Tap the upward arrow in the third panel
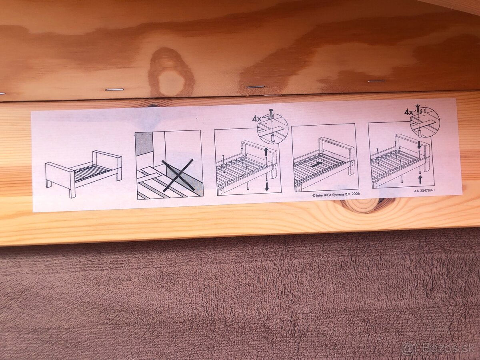[266, 152]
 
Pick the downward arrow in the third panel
[266, 185]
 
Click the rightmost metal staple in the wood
[376, 81]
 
